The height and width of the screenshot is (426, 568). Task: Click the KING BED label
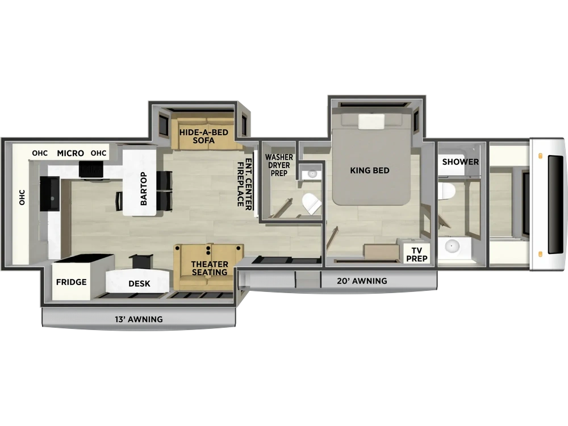[x=370, y=170]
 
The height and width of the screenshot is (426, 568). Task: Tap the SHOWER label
[x=461, y=162]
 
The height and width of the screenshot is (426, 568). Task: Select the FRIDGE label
[x=72, y=282]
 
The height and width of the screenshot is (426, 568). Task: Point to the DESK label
[x=139, y=283]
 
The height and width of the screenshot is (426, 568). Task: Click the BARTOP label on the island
[x=144, y=189]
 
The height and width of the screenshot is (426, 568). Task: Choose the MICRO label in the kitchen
[x=70, y=153]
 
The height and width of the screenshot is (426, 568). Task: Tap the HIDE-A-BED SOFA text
[x=203, y=136]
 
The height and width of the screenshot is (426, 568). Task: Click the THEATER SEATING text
[x=210, y=268]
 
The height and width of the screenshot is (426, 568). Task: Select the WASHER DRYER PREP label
[x=279, y=165]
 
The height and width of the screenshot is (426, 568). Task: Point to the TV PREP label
[x=416, y=254]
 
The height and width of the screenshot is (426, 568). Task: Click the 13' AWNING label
[x=139, y=319]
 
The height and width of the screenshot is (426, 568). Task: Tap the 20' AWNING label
[x=362, y=281]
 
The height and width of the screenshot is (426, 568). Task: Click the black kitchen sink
[x=49, y=194]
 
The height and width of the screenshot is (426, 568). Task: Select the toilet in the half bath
[x=311, y=203]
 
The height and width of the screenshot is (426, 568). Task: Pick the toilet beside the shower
[x=446, y=190]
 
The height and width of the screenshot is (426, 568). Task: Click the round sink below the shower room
[x=452, y=247]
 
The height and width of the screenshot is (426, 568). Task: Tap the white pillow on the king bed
[x=371, y=122]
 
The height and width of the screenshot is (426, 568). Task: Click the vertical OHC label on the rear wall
[x=22, y=198]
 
